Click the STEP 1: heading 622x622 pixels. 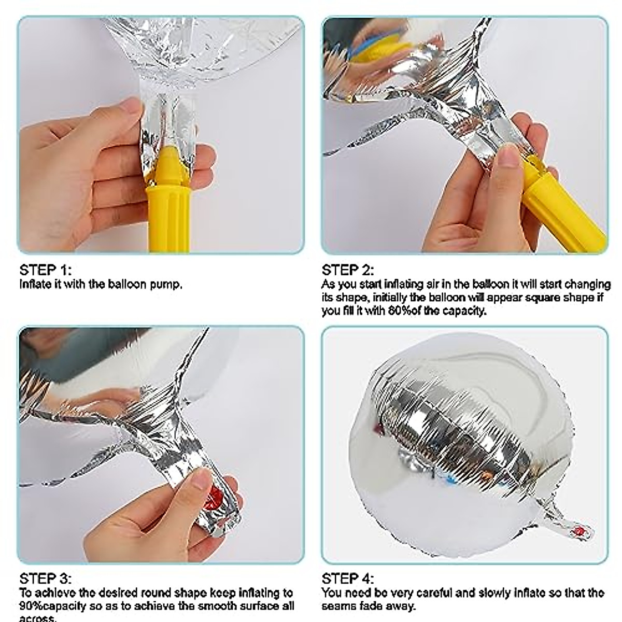click(46, 270)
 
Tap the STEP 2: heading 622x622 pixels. click(348, 270)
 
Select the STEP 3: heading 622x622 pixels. click(46, 564)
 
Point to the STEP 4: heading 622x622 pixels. click(348, 564)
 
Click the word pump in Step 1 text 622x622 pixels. click(168, 285)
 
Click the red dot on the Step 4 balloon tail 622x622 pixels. click(579, 530)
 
